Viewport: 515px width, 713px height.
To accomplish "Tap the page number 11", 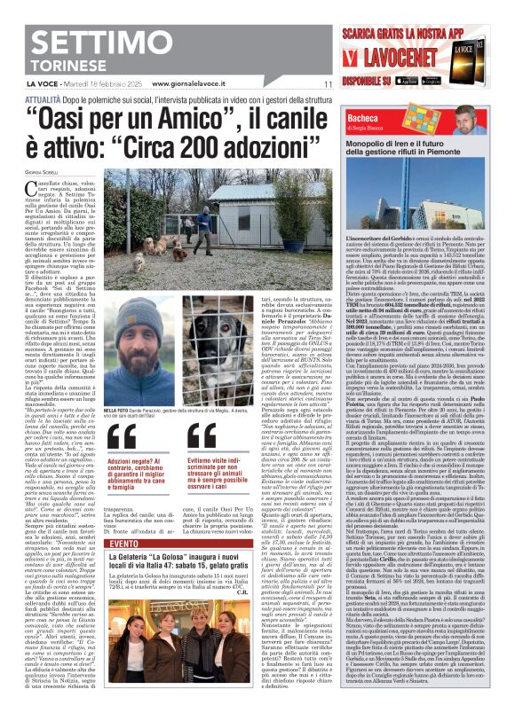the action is (327, 84).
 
